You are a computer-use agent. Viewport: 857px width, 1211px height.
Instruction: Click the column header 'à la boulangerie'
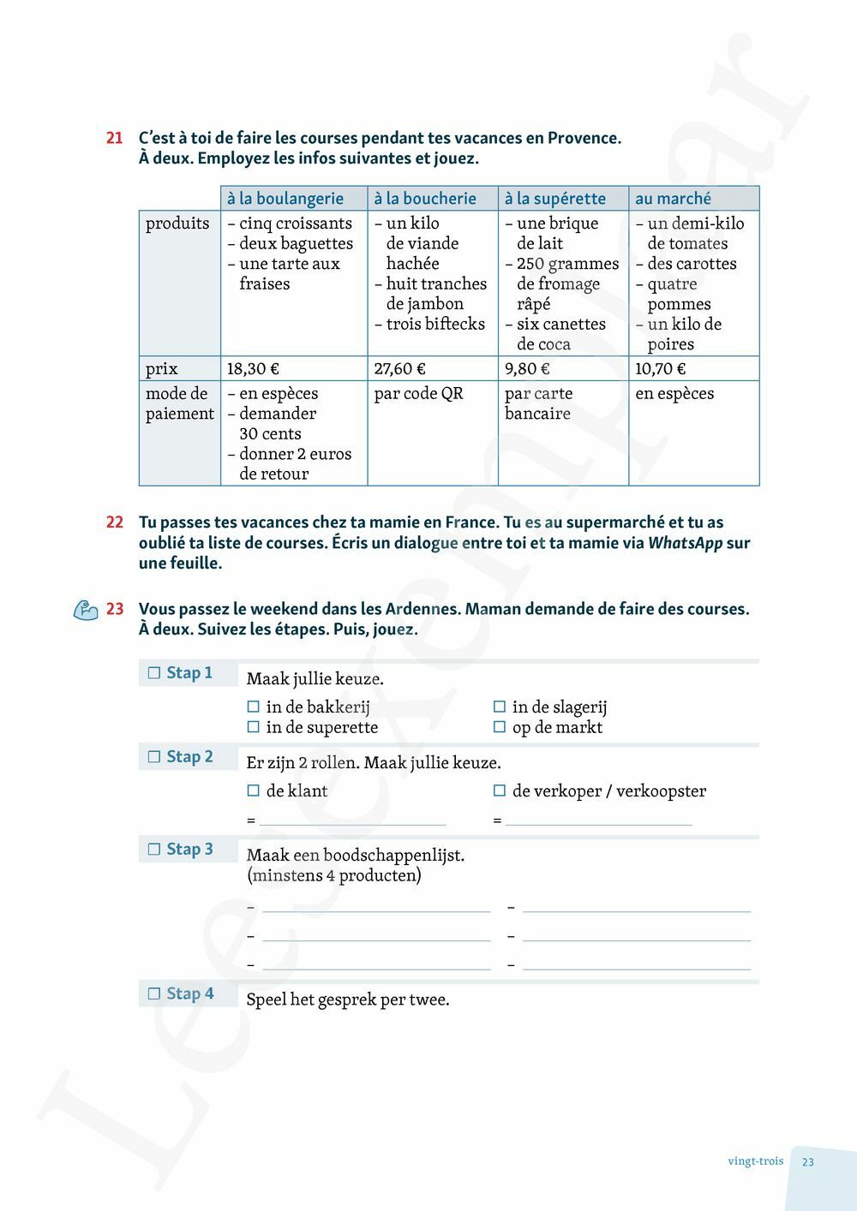285,199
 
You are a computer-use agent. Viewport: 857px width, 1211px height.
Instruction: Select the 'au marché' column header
673,199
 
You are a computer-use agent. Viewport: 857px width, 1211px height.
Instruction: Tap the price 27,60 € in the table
399,369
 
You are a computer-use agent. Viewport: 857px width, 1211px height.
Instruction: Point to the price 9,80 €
527,369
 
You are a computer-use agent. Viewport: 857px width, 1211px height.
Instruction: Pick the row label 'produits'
177,224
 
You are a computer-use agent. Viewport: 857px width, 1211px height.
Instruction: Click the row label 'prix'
162,369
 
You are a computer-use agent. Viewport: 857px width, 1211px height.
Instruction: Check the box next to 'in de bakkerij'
254,707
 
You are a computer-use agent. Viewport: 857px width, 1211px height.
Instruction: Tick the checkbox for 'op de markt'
500,728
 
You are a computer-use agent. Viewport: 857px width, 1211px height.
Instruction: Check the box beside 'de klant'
254,791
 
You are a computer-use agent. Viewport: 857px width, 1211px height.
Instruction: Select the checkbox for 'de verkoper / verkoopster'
500,791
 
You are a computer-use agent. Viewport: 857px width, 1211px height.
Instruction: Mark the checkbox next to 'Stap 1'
155,673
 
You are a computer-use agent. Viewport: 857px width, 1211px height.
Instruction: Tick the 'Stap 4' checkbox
155,994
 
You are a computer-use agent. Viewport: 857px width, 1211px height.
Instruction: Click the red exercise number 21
115,138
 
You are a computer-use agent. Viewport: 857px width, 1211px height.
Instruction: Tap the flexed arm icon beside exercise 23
86,610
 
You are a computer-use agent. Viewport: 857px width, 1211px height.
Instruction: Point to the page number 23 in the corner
808,1162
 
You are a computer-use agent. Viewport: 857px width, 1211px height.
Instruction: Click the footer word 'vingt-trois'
755,1162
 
